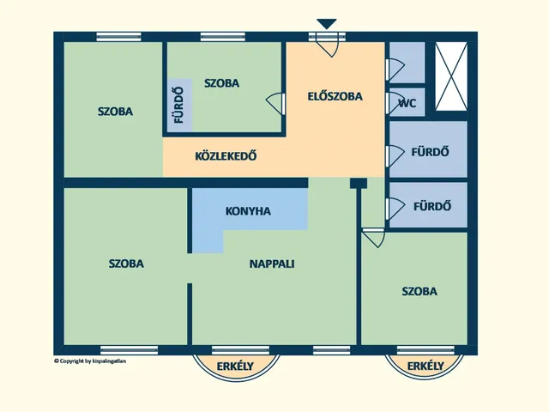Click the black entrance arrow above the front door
tap(326, 24)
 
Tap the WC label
tap(407, 103)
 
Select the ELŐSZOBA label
tap(335, 96)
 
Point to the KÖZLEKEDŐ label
tap(226, 157)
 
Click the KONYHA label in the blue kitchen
tap(248, 210)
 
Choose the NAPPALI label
tap(272, 264)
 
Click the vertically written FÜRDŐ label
tap(179, 105)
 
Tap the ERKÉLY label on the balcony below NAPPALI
tap(235, 367)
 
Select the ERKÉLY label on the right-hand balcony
tap(425, 367)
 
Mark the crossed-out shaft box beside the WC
tap(451, 76)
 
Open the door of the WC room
tap(395, 103)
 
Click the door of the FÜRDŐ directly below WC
tap(394, 155)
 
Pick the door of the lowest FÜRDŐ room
tap(394, 207)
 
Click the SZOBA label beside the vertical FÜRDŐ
tap(221, 83)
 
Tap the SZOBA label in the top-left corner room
tap(115, 111)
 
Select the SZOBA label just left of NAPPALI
tap(126, 264)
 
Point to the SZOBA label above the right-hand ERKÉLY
tap(419, 291)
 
